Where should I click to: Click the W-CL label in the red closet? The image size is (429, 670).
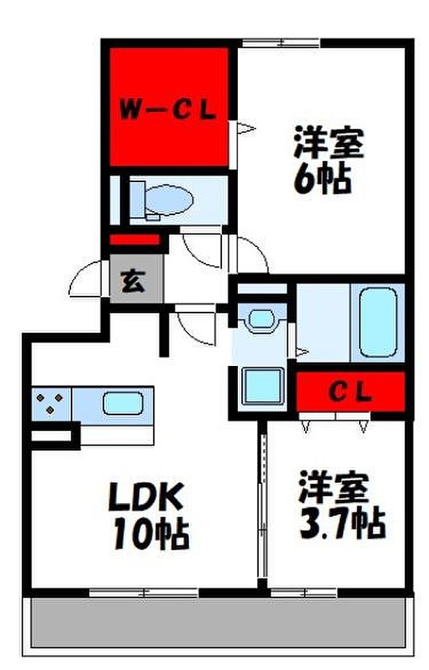click(x=167, y=111)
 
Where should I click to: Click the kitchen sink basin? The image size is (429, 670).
click(x=122, y=403)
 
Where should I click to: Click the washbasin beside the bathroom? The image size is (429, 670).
click(x=262, y=319)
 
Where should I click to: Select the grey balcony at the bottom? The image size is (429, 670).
click(x=214, y=622)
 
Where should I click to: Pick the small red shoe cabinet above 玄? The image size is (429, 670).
click(x=135, y=240)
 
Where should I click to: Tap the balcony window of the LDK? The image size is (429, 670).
click(x=143, y=593)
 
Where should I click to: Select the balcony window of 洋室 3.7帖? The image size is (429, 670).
click(x=305, y=593)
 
